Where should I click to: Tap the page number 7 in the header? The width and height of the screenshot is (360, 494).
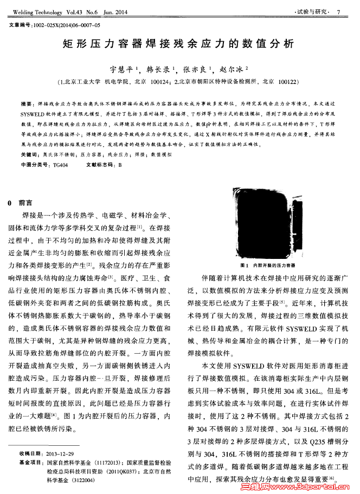338,12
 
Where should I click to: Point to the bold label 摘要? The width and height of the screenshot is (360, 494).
26,103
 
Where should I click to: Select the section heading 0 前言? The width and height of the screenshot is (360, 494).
22,203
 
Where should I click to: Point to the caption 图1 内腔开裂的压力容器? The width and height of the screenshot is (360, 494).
266,266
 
